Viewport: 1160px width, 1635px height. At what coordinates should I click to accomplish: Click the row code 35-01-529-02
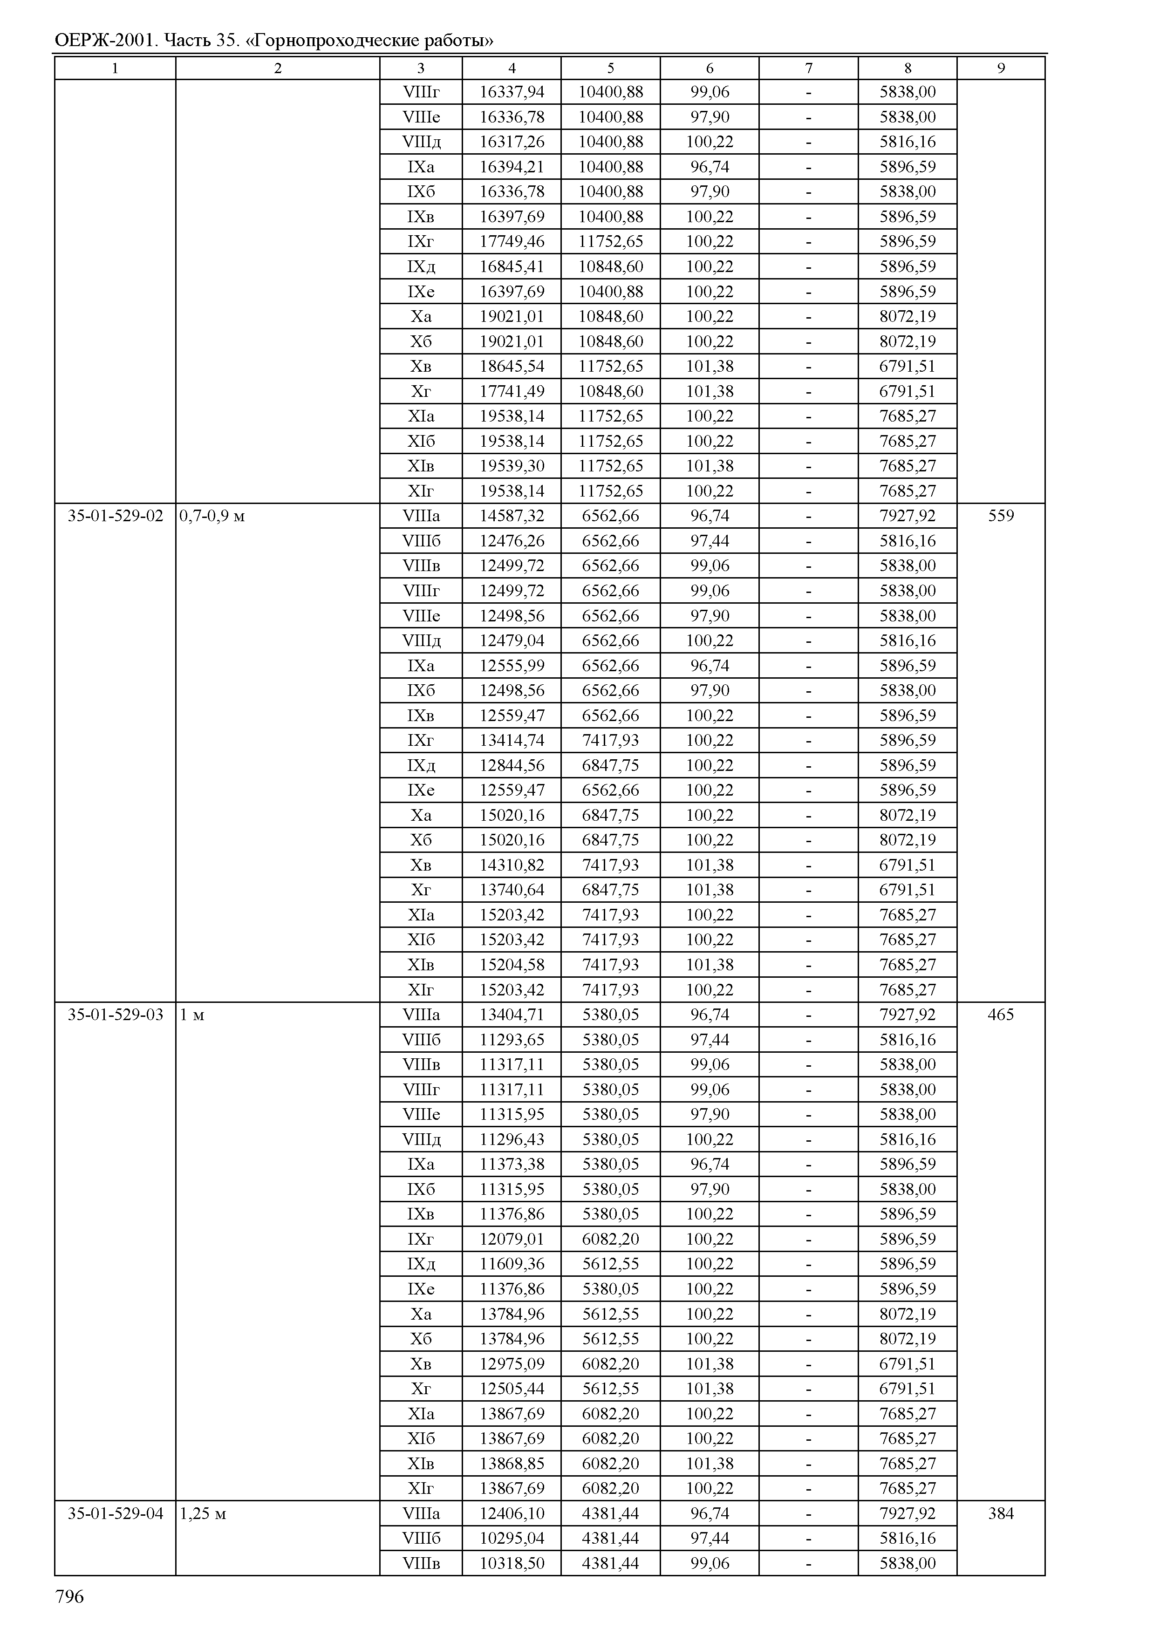tap(115, 516)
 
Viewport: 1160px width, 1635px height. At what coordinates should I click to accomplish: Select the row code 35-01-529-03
tap(115, 1014)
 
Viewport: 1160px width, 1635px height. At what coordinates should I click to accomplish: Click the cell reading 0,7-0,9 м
tap(212, 516)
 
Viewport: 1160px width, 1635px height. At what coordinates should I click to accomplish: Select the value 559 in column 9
tap(1000, 516)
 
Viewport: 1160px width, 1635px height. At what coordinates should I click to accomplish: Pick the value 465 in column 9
tap(1000, 1014)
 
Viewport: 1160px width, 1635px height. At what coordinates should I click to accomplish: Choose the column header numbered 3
tap(421, 68)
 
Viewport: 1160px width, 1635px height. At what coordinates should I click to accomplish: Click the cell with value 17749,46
tap(512, 241)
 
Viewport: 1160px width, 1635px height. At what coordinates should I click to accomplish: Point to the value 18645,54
tap(512, 367)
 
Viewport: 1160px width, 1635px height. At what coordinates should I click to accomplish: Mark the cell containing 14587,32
tap(512, 516)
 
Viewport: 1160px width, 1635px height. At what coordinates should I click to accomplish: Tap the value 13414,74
tap(512, 740)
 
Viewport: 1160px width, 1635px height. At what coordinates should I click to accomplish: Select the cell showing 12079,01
tap(512, 1239)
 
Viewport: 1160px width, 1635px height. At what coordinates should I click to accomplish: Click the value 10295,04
tap(512, 1538)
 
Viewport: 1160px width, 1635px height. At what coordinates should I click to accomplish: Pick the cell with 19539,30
tap(512, 466)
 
